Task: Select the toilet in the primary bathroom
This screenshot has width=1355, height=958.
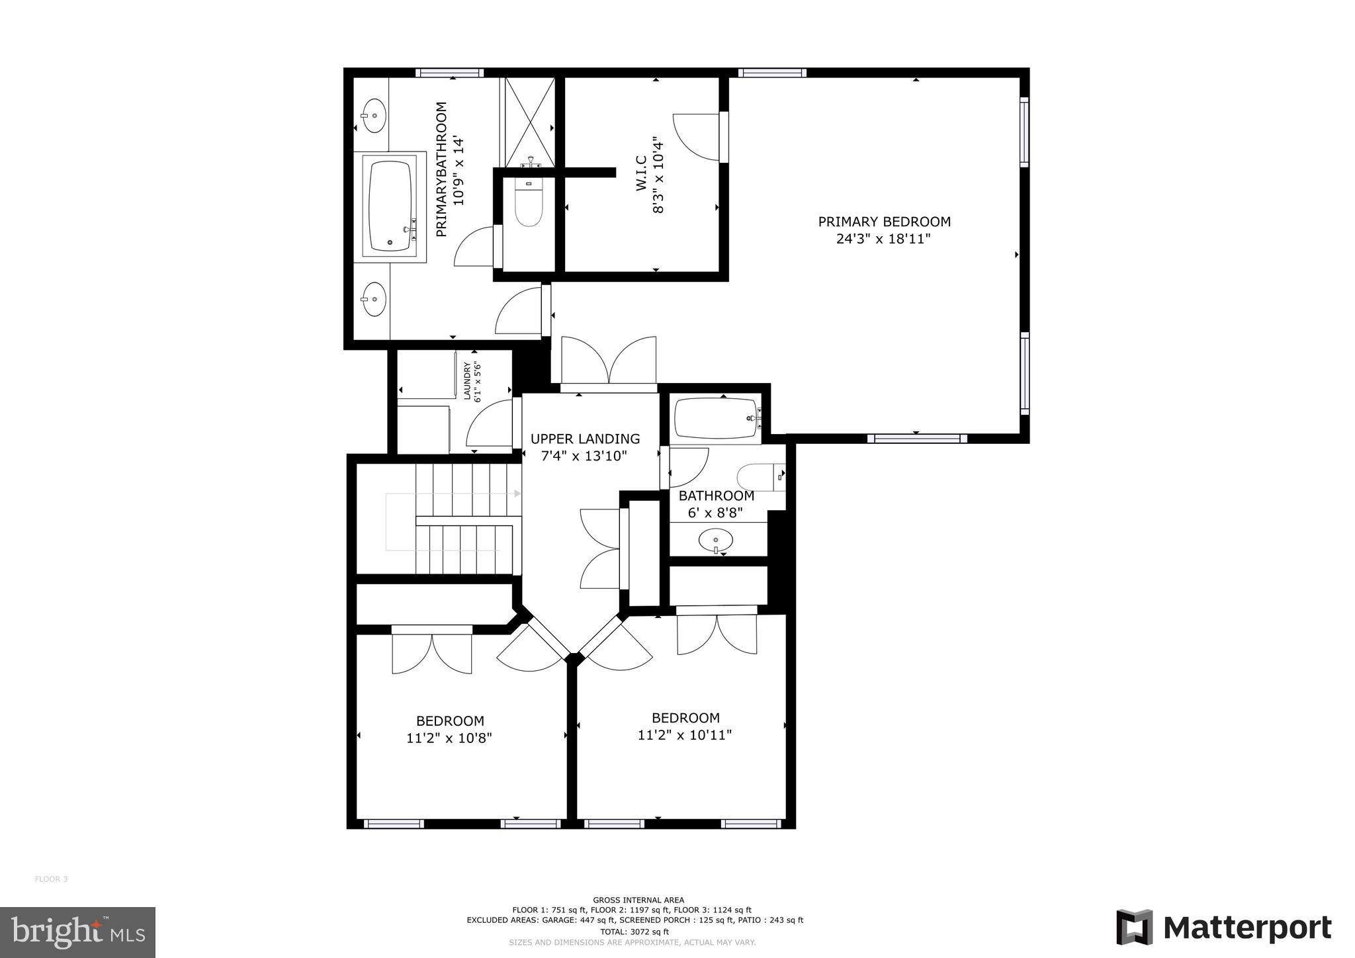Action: pyautogui.click(x=529, y=206)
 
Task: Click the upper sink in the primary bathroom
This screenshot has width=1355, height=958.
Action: pyautogui.click(x=374, y=116)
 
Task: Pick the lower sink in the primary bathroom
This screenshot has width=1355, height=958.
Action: pyautogui.click(x=374, y=300)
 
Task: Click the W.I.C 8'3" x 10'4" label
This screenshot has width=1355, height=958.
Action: pyautogui.click(x=649, y=175)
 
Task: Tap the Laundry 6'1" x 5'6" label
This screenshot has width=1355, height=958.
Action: pyautogui.click(x=471, y=382)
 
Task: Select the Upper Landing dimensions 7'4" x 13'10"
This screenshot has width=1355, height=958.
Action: pyautogui.click(x=584, y=456)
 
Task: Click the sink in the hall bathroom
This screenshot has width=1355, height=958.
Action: pyautogui.click(x=715, y=541)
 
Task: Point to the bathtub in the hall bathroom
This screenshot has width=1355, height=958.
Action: pyautogui.click(x=715, y=418)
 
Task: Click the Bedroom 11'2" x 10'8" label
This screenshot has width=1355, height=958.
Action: pyautogui.click(x=449, y=729)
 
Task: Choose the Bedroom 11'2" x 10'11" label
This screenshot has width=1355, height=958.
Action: pyautogui.click(x=685, y=726)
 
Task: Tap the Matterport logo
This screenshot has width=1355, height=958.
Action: pyautogui.click(x=1223, y=928)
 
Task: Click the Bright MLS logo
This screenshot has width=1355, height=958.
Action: pyautogui.click(x=77, y=932)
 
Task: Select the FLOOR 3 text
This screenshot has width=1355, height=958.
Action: pyautogui.click(x=51, y=879)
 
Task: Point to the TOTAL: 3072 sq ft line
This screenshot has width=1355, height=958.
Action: pyautogui.click(x=634, y=932)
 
